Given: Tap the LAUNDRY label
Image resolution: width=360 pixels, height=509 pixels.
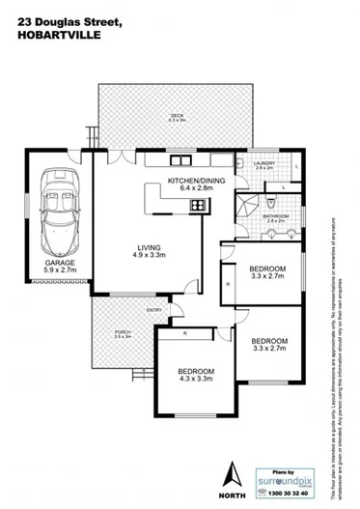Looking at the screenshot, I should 265,163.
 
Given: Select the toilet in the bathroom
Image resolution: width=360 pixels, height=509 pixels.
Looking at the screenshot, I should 275,205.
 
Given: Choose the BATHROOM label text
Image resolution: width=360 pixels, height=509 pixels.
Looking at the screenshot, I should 275,216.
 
